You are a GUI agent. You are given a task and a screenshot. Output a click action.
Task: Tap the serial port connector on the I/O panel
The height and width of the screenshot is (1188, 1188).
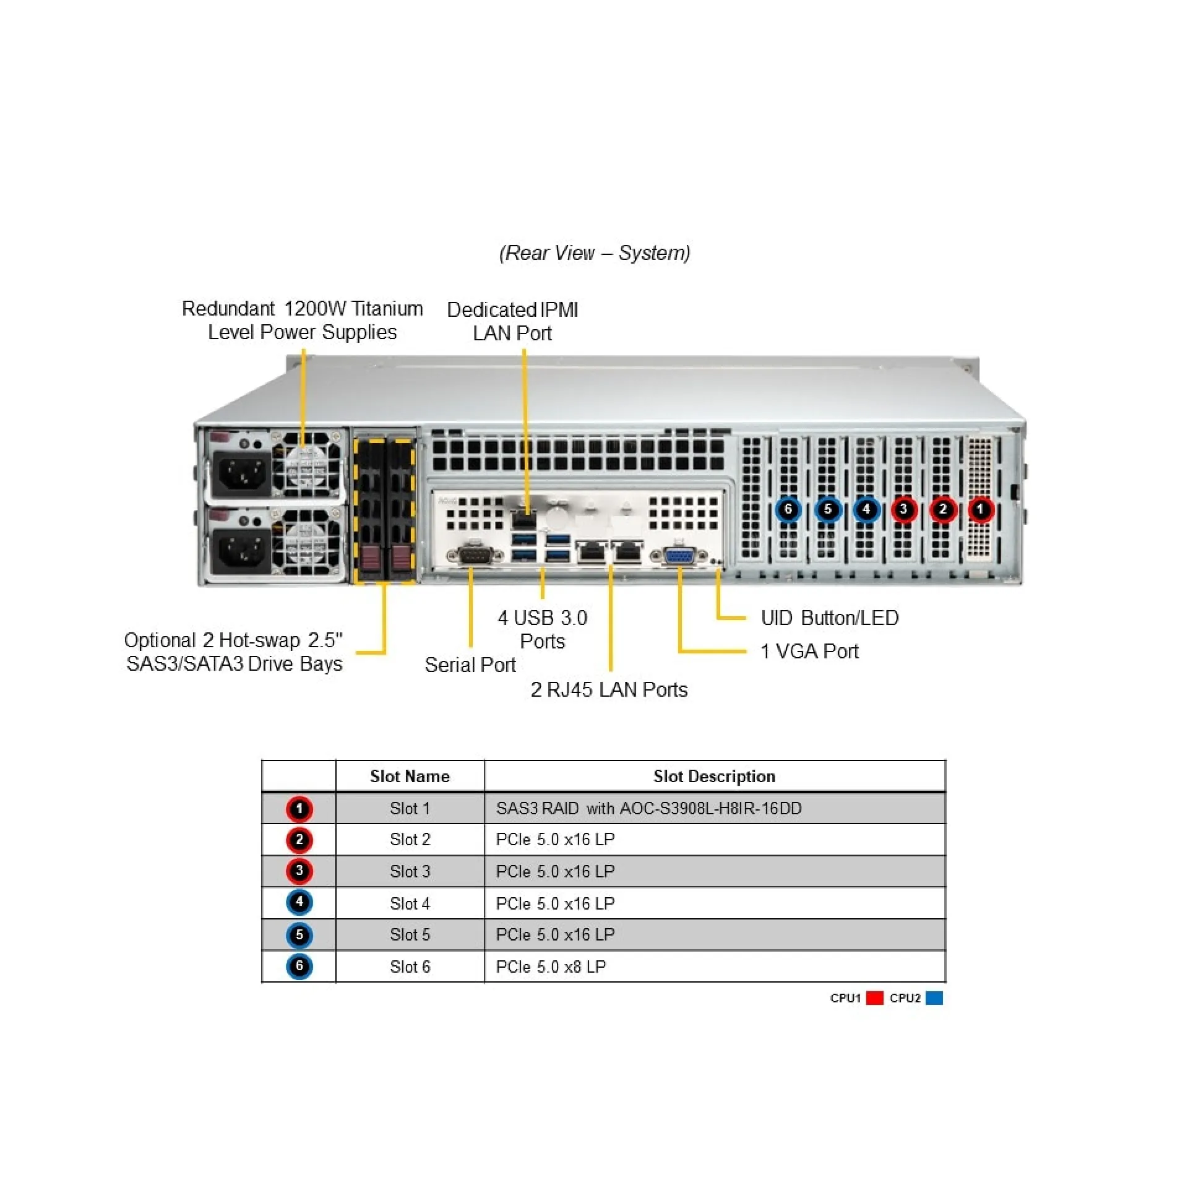click(x=475, y=556)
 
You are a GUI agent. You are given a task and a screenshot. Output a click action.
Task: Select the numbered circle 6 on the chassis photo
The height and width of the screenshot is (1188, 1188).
click(x=788, y=509)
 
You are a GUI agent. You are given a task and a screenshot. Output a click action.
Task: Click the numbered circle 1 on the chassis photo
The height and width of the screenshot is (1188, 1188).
click(x=980, y=509)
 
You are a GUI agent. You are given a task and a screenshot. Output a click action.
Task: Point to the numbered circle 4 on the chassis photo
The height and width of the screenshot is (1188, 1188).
click(x=866, y=509)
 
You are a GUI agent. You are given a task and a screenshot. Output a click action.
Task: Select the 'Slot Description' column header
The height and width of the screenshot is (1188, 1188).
click(x=714, y=776)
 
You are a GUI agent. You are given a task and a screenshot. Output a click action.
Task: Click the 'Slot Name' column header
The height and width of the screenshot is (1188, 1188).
click(x=410, y=776)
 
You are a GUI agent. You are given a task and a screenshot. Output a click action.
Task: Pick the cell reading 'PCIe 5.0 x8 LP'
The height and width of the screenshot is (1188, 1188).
click(x=551, y=966)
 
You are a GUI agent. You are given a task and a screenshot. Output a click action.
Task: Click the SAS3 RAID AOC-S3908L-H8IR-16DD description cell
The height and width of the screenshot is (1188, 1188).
click(x=648, y=808)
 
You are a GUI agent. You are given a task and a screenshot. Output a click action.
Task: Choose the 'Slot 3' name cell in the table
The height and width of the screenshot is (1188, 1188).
click(x=410, y=871)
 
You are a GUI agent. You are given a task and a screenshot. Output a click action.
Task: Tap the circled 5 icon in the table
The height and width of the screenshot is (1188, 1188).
click(x=299, y=934)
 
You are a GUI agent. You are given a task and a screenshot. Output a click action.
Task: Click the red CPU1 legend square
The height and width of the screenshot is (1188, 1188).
click(x=874, y=998)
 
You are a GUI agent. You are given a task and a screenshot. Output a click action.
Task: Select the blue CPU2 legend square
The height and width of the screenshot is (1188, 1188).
click(x=934, y=998)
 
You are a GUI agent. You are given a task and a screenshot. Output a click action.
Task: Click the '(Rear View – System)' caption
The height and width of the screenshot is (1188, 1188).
click(x=594, y=252)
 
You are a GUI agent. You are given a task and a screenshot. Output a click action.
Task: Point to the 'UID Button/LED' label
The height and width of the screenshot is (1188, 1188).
click(x=829, y=618)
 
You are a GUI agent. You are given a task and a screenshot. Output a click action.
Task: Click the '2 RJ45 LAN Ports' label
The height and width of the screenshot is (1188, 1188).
click(x=609, y=689)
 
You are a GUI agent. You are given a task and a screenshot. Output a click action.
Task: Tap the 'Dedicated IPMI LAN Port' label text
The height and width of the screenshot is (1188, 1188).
click(x=512, y=321)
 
